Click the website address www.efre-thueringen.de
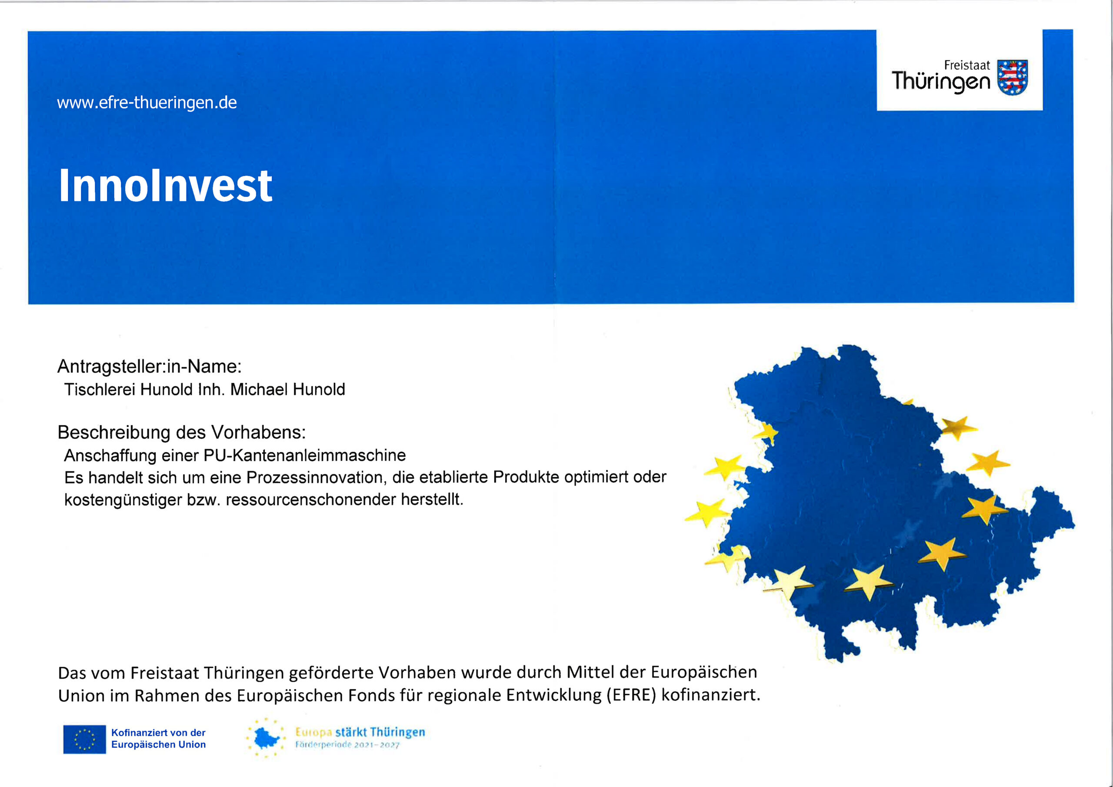pyautogui.click(x=147, y=103)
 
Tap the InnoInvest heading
pyautogui.click(x=165, y=186)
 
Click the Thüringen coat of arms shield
pyautogui.click(x=1012, y=77)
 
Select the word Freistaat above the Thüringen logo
pyautogui.click(x=966, y=66)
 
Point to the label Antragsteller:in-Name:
pyautogui.click(x=149, y=367)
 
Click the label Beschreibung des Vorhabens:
pyautogui.click(x=182, y=433)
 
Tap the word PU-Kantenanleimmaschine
pyautogui.click(x=304, y=455)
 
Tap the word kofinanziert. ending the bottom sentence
pyautogui.click(x=711, y=695)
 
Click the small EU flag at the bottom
pyautogui.click(x=84, y=739)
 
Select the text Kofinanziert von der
pyautogui.click(x=158, y=733)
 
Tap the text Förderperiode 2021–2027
pyautogui.click(x=347, y=745)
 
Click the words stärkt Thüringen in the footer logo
pyautogui.click(x=380, y=732)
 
